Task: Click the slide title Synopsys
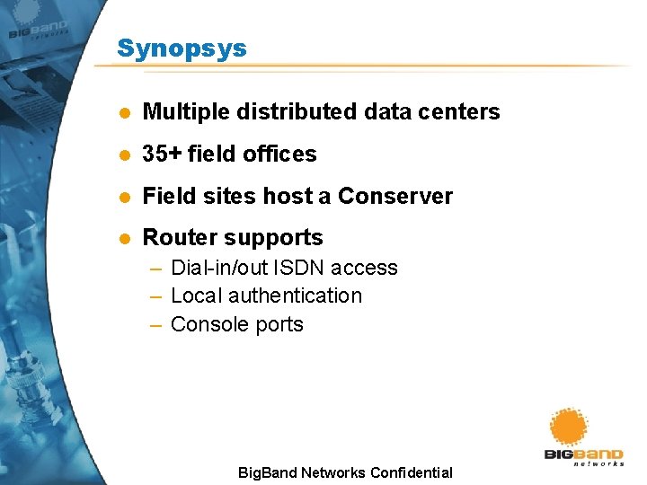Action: coord(182,48)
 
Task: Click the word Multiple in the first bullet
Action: coord(185,112)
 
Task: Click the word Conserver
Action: coord(394,196)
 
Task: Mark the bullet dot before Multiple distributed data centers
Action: coord(125,113)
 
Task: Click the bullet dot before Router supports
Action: coord(125,238)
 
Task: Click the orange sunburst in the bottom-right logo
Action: coord(569,428)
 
